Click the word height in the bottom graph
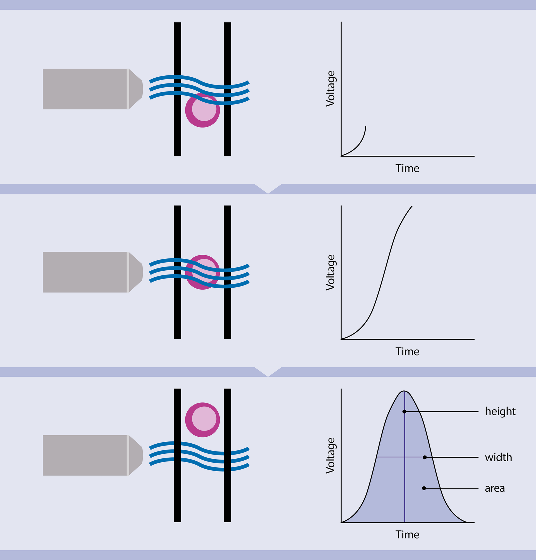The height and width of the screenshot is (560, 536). click(x=500, y=412)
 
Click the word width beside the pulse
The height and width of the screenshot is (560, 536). click(x=498, y=458)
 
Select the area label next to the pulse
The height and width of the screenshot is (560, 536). click(x=495, y=488)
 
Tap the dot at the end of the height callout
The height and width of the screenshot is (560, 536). click(x=404, y=412)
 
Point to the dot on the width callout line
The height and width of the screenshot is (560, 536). click(x=425, y=458)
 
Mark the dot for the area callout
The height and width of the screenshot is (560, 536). click(x=424, y=488)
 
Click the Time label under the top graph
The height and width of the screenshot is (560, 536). click(x=407, y=169)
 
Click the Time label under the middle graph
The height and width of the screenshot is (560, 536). click(x=407, y=352)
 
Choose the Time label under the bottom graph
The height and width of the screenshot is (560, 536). click(x=407, y=535)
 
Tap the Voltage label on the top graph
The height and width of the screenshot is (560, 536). click(x=331, y=89)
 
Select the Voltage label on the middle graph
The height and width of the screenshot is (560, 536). click(x=331, y=272)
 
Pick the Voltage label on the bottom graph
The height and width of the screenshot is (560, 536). click(x=331, y=455)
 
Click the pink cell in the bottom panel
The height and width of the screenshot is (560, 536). click(x=203, y=420)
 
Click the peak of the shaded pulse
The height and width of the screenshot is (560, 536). click(x=404, y=391)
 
